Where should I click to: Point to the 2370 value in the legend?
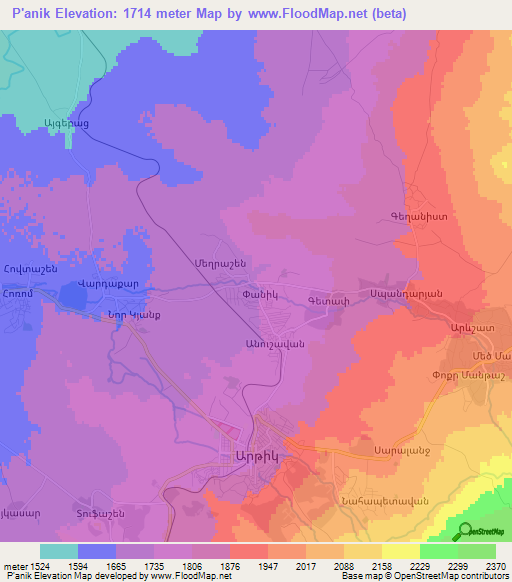[494, 565]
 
